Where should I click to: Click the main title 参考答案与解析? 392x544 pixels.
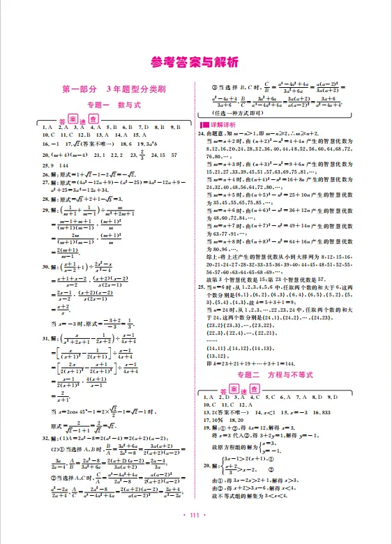[195, 63]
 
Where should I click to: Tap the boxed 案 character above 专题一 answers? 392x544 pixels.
[71, 119]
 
